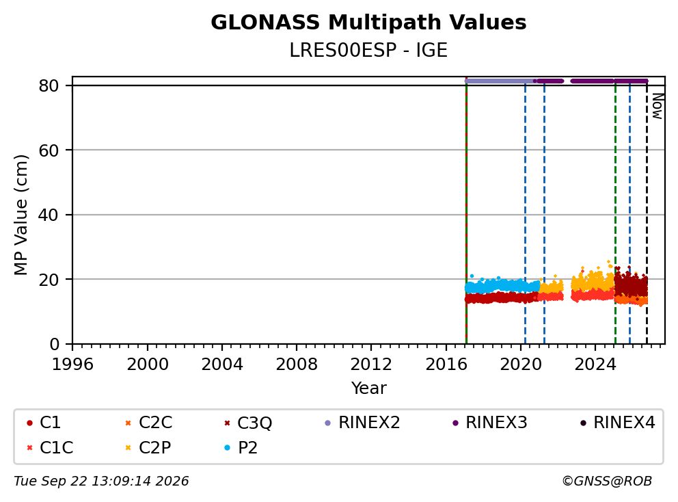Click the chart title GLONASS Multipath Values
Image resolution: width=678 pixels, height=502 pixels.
click(368, 23)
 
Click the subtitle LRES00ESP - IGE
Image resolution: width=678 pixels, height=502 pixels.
click(368, 50)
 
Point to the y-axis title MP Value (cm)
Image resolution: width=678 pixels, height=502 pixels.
click(21, 215)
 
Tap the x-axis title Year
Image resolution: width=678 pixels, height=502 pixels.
click(368, 388)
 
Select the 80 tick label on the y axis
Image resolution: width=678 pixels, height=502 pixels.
click(49, 85)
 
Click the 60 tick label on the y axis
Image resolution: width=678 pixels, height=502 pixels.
click(49, 150)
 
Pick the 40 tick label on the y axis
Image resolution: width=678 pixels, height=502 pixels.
click(49, 215)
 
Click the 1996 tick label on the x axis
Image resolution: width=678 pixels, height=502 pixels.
click(72, 365)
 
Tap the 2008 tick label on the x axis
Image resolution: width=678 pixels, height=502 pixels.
click(297, 365)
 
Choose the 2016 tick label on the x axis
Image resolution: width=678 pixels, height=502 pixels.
click(446, 365)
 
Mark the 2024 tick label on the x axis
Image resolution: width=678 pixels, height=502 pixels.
click(595, 365)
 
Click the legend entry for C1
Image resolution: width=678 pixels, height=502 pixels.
click(44, 423)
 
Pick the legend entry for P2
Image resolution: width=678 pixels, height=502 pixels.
click(241, 447)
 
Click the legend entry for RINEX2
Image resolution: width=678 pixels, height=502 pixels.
click(362, 423)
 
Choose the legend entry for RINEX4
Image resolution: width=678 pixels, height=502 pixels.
click(617, 423)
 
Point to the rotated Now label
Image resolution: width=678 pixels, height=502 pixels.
click(657, 106)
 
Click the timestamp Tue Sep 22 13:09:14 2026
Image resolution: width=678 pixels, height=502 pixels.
click(101, 481)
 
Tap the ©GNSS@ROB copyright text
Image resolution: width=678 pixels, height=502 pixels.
click(607, 481)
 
